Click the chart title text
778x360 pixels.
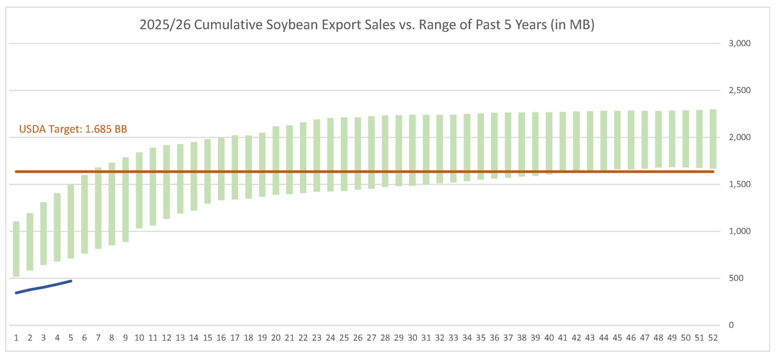point(367,25)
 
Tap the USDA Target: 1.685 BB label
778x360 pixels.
point(73,129)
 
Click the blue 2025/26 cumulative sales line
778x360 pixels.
point(43,287)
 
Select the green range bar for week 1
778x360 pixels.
point(16,249)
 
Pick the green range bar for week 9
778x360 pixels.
point(126,199)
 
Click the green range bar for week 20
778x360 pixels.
point(276,160)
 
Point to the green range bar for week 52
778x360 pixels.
point(713,139)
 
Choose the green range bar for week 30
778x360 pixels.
point(413,150)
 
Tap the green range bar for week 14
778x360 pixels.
point(194,176)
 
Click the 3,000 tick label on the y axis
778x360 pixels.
point(740,43)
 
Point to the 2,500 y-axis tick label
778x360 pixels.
point(740,90)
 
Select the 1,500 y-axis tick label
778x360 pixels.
point(740,184)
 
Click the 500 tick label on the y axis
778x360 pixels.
point(736,278)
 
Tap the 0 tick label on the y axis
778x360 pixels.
point(731,325)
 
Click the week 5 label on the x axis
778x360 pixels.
point(71,338)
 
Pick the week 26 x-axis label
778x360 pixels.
point(358,338)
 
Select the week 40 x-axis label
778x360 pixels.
point(549,338)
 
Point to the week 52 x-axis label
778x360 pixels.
point(713,338)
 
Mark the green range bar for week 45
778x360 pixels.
point(618,140)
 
